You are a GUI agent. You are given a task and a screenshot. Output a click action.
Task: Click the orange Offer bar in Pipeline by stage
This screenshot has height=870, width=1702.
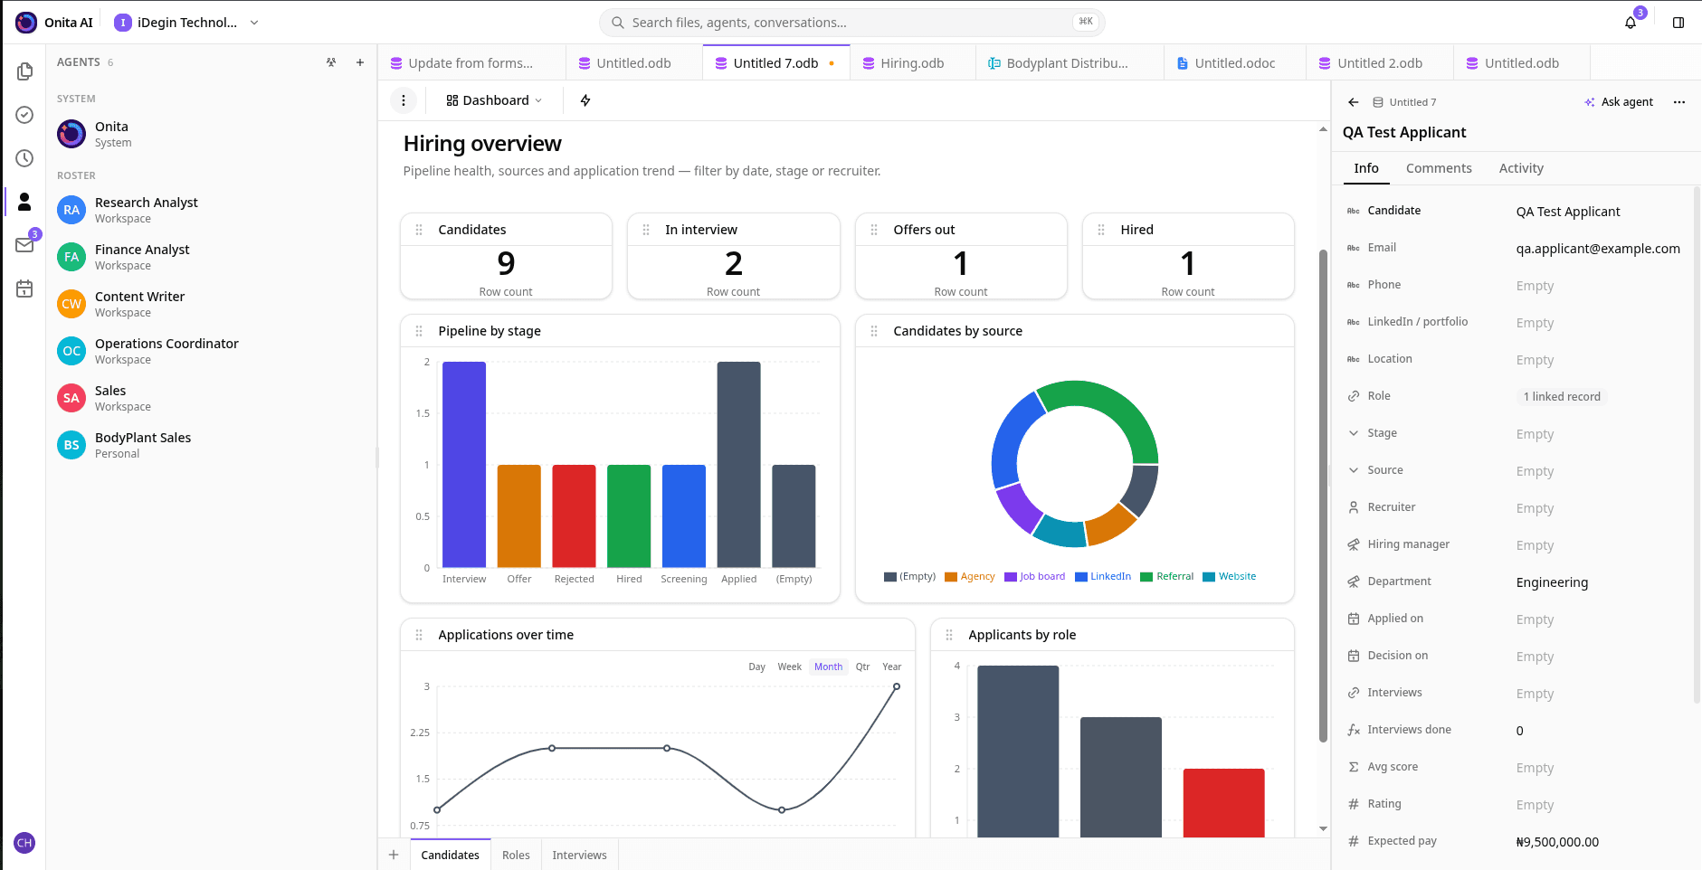pos(519,516)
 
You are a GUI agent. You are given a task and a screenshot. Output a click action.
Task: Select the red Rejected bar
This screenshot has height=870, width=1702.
pos(575,516)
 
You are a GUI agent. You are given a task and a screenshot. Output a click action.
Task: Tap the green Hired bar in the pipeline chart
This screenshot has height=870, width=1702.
pos(629,516)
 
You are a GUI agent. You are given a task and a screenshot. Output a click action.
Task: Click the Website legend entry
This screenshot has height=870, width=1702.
pos(1230,576)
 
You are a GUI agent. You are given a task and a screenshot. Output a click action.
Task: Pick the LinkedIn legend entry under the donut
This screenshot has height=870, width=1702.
pos(1103,576)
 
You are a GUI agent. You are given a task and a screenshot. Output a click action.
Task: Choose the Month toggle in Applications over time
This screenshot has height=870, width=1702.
pos(828,667)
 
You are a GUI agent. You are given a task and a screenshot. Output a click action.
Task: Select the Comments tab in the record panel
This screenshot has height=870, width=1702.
pos(1439,168)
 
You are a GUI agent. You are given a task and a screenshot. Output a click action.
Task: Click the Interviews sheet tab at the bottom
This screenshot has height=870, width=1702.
pos(580,855)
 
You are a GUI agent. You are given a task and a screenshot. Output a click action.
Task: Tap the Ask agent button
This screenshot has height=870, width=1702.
pos(1619,102)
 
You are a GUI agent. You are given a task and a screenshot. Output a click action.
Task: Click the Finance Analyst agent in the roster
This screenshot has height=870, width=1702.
pos(142,257)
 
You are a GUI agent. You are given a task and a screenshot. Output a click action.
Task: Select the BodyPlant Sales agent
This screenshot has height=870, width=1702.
pos(143,445)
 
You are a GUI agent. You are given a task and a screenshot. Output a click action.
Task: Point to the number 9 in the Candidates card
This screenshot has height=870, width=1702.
pos(507,263)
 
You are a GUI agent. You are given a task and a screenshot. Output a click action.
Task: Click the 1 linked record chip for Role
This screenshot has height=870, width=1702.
pos(1562,396)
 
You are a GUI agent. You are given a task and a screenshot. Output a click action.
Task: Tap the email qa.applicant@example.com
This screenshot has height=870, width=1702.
pos(1598,249)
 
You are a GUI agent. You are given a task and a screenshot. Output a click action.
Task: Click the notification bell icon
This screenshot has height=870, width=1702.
pos(1631,23)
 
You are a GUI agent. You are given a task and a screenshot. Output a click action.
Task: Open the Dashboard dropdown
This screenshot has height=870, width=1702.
pos(494,100)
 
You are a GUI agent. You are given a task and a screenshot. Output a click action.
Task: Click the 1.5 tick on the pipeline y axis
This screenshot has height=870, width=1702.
pos(423,413)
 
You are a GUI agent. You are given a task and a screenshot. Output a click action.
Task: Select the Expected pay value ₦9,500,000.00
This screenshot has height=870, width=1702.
pos(1557,842)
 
